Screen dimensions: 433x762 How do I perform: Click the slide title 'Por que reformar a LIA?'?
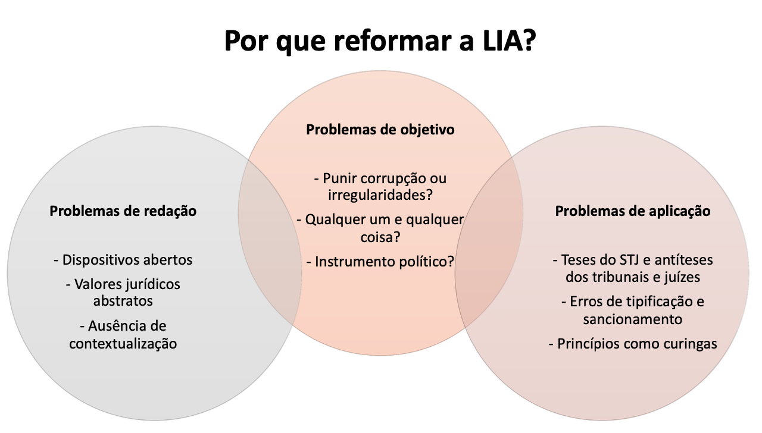coord(380,40)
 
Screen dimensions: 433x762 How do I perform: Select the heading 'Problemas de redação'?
coord(123,211)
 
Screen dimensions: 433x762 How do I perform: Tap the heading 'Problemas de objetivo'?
coord(380,129)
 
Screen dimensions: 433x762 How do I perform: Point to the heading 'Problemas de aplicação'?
coord(633,211)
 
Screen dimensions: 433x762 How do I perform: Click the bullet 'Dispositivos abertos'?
coord(123,260)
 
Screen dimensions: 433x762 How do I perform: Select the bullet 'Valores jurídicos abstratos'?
coord(123,293)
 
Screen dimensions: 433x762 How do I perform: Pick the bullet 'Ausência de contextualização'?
coord(123,334)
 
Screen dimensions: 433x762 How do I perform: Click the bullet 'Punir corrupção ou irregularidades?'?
coord(380,186)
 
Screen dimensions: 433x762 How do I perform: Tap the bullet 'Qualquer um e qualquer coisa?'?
coord(380,228)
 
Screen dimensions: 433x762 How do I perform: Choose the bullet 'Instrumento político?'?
coord(380,261)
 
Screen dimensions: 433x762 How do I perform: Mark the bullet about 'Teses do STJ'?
coord(633,268)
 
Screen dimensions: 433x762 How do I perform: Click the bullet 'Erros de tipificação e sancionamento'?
coord(633,310)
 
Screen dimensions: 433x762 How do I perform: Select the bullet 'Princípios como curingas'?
coord(633,344)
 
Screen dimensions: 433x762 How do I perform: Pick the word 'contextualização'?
coord(123,343)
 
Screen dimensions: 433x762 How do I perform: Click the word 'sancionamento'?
coord(633,319)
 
